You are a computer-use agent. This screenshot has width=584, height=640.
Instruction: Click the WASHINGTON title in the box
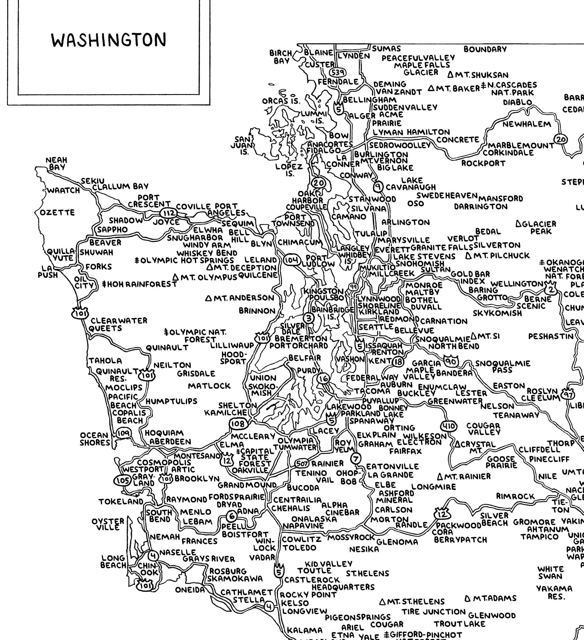click(109, 40)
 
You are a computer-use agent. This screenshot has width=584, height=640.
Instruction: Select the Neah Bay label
click(57, 163)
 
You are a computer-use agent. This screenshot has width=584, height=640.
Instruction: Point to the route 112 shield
click(167, 213)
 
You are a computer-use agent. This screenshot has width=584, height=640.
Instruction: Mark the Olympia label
click(295, 441)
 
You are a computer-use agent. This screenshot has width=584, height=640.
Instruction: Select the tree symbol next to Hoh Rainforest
click(104, 284)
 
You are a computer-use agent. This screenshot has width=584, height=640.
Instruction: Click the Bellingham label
click(369, 100)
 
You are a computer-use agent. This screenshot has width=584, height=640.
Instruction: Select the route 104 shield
click(291, 260)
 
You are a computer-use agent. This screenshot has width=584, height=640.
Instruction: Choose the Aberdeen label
click(170, 442)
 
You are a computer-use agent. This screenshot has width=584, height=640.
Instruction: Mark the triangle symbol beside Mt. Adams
click(467, 598)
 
